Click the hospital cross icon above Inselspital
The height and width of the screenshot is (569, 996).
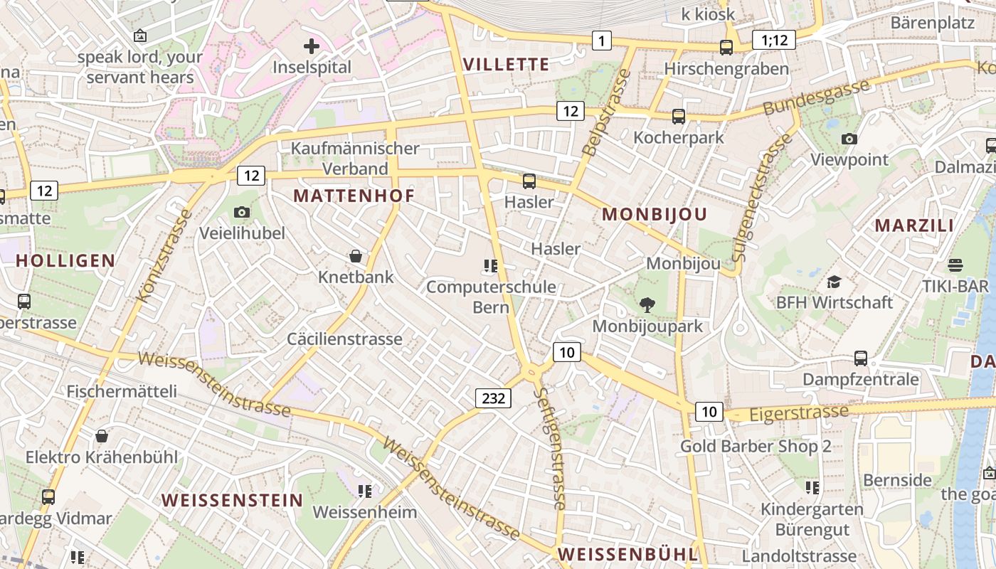(311, 47)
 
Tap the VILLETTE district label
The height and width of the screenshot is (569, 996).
(506, 64)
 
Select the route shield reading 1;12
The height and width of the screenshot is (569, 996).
(774, 40)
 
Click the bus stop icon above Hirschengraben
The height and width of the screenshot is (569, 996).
(726, 48)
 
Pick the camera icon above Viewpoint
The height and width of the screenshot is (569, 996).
(849, 139)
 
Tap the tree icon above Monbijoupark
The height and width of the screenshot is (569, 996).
(647, 305)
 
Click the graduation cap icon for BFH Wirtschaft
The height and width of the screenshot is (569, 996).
(834, 282)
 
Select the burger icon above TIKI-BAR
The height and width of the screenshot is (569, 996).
(955, 265)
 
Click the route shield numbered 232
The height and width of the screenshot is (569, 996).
(493, 398)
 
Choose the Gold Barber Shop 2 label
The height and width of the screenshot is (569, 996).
(756, 447)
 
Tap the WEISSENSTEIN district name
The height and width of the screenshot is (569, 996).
(232, 500)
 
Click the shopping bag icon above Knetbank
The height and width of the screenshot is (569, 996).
(356, 256)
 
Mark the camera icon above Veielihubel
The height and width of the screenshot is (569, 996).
(242, 212)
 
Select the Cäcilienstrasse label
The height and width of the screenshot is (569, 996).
(344, 339)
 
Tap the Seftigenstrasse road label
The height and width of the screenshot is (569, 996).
(551, 448)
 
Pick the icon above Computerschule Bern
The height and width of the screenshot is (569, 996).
(490, 266)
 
